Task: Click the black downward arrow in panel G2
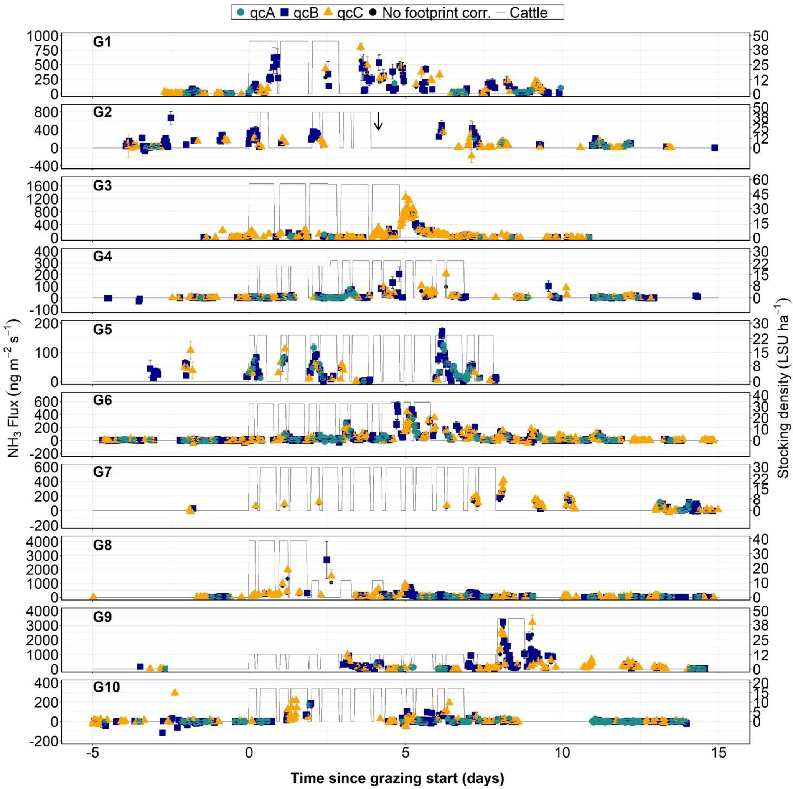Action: click(378, 121)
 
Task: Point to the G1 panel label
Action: click(102, 42)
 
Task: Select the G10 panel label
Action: click(106, 687)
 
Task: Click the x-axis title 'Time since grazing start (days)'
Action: click(397, 766)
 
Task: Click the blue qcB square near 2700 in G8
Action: click(327, 560)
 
